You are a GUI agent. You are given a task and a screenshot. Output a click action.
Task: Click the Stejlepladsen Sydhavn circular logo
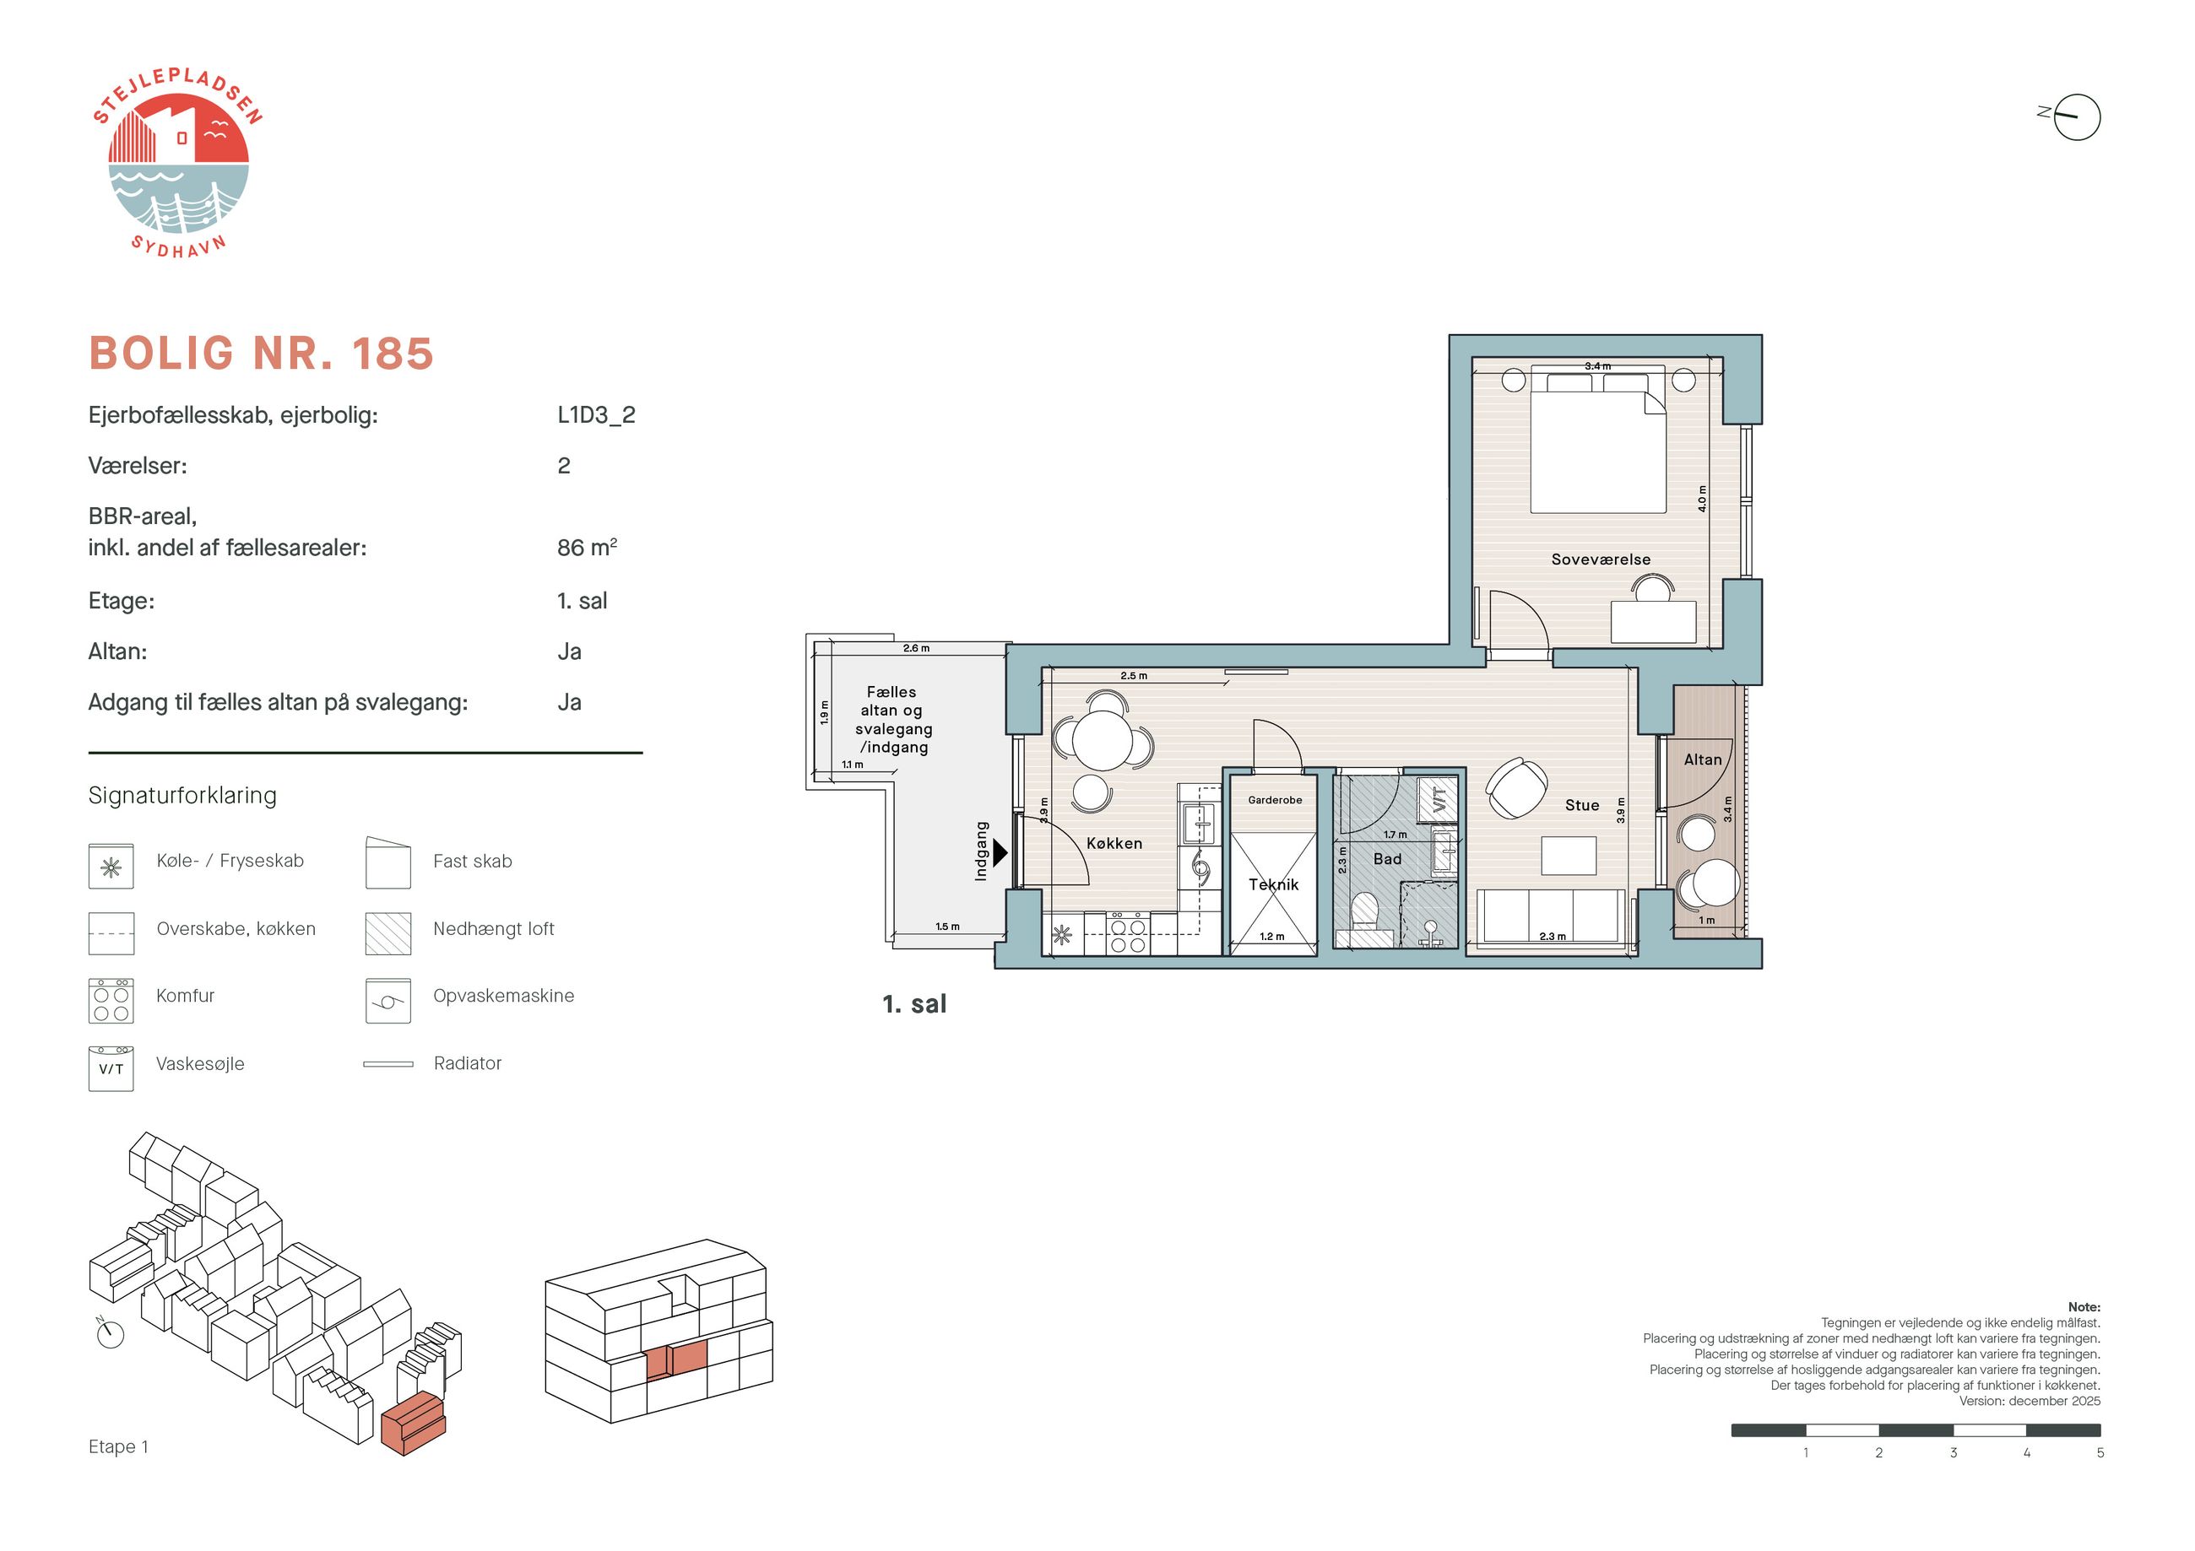coord(178,164)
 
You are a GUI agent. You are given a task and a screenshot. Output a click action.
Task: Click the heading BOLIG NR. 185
coord(261,354)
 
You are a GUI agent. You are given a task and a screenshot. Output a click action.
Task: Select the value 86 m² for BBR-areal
coord(587,548)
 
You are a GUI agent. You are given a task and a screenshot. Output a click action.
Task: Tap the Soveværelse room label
coord(1601,559)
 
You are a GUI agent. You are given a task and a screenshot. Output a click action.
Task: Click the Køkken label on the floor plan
coord(1114,843)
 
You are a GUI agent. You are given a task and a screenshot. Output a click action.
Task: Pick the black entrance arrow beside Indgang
coord(1000,852)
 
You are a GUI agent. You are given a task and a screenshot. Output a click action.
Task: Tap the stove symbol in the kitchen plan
coord(1128,933)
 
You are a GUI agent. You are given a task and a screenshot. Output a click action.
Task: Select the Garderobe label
coord(1274,800)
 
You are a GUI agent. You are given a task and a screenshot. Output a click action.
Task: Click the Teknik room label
coord(1273,884)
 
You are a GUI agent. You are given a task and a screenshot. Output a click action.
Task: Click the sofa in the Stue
coord(1551,916)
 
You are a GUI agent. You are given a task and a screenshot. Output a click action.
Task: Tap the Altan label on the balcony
coord(1703,759)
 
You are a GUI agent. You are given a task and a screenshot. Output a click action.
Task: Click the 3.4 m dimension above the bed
coord(1597,366)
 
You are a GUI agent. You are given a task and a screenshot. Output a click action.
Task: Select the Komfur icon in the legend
coord(111,1001)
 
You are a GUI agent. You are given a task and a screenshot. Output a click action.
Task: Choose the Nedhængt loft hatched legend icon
coord(388,933)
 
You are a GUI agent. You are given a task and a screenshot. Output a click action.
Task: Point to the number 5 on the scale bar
coord(2100,1452)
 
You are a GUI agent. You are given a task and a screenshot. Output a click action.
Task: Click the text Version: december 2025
coord(2030,1401)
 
